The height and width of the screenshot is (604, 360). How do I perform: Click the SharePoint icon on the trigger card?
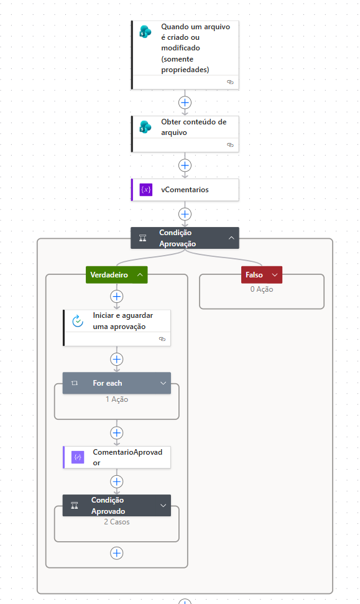[x=145, y=32]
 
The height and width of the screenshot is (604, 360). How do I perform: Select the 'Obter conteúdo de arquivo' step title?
[x=193, y=127]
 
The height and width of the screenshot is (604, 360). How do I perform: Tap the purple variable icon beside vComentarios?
[x=146, y=190]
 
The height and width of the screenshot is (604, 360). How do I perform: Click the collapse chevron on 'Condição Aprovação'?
[x=231, y=238]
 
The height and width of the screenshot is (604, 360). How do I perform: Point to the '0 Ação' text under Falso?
[x=262, y=289]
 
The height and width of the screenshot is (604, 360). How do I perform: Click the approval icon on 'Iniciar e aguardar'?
[x=78, y=321]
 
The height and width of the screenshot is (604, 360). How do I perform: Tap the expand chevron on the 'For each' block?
[x=164, y=383]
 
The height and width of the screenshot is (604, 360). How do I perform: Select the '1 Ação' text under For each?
[x=117, y=399]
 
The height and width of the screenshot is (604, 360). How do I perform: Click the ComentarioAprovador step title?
[x=127, y=457]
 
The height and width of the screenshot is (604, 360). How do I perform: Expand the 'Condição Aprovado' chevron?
[x=164, y=505]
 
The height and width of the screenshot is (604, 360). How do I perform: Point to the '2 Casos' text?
[x=117, y=522]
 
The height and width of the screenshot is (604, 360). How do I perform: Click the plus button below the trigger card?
[x=185, y=103]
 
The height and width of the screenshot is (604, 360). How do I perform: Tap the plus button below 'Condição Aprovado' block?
[x=117, y=553]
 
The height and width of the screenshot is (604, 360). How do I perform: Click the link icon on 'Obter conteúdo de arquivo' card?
[x=230, y=145]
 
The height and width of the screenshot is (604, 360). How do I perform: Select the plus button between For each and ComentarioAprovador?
[x=117, y=432]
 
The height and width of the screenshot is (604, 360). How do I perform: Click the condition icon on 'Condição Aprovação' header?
[x=142, y=238]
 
